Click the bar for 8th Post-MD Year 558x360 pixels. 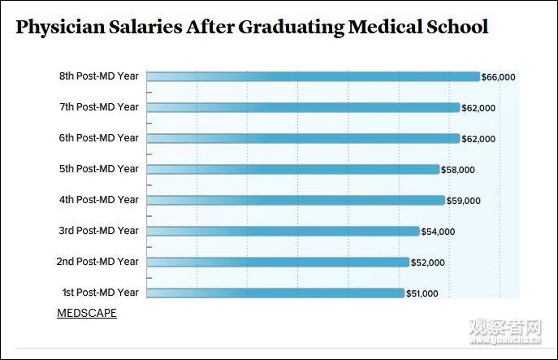tap(313, 76)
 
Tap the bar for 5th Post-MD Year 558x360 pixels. tap(292, 169)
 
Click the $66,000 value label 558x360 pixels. tap(498, 77)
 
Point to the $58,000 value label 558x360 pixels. tap(457, 170)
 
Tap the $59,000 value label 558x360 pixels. tap(463, 201)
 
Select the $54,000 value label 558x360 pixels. tap(438, 232)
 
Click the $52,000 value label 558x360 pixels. tap(427, 262)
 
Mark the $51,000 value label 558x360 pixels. tap(422, 293)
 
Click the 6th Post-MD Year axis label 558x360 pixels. tap(98, 138)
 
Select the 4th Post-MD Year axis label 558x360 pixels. tap(98, 200)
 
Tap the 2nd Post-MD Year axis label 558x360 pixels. tap(97, 262)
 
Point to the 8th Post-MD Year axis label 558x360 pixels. tap(98, 76)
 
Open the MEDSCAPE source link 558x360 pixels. tap(87, 313)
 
